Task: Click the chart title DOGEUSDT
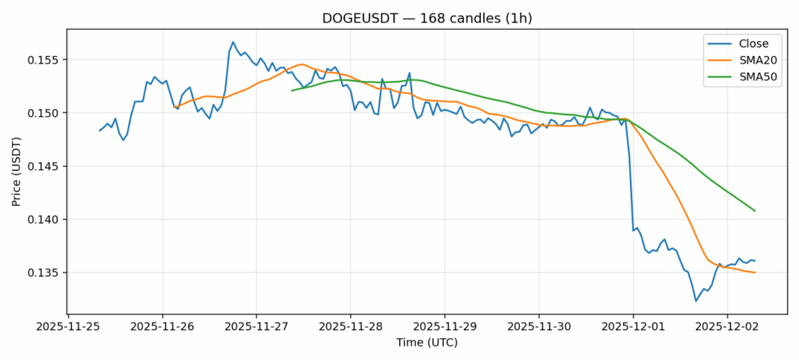426,19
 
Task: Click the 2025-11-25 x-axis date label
69,326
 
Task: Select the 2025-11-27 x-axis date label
257,326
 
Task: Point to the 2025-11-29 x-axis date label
445,326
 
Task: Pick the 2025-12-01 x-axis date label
633,326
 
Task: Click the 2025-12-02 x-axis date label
727,326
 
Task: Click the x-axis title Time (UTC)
426,343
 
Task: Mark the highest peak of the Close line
233,42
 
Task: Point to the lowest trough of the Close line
696,301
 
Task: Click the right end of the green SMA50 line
755,211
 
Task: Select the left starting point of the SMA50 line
292,91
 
